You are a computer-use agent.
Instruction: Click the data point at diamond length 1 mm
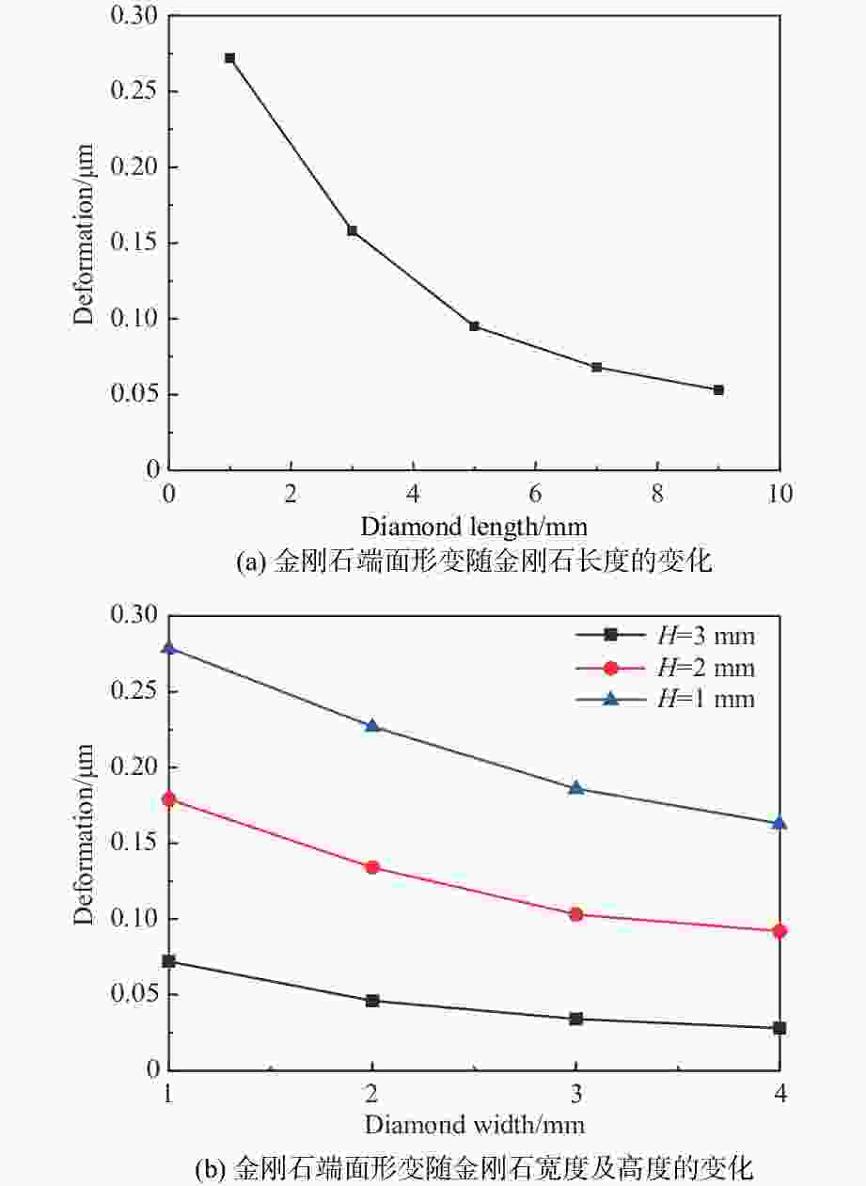click(229, 58)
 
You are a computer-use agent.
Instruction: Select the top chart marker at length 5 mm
click(475, 326)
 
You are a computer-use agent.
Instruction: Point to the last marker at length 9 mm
click(718, 389)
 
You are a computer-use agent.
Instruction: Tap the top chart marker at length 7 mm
click(596, 367)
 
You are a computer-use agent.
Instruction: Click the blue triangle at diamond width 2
click(372, 726)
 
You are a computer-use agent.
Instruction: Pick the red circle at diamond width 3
click(575, 914)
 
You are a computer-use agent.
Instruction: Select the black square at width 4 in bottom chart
click(779, 1028)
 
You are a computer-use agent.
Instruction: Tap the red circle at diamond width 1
click(169, 799)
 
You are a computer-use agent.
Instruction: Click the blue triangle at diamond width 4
click(779, 823)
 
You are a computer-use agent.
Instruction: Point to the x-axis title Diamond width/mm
click(474, 1125)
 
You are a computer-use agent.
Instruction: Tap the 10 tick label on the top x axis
click(779, 494)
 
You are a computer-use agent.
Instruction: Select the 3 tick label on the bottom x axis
click(575, 1095)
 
